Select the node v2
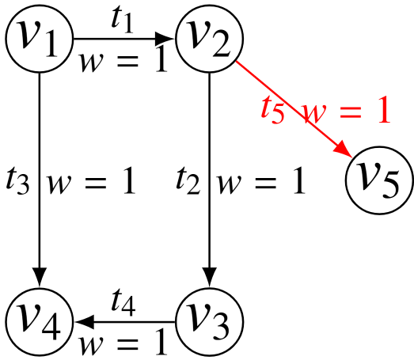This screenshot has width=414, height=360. tap(209, 37)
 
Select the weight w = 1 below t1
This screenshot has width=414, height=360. tap(124, 60)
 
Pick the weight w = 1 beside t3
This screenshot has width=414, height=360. tap(92, 182)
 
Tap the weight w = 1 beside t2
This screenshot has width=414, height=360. tap(261, 182)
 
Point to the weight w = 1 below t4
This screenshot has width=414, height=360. tap(124, 342)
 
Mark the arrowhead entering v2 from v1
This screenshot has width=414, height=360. tap(167, 37)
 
